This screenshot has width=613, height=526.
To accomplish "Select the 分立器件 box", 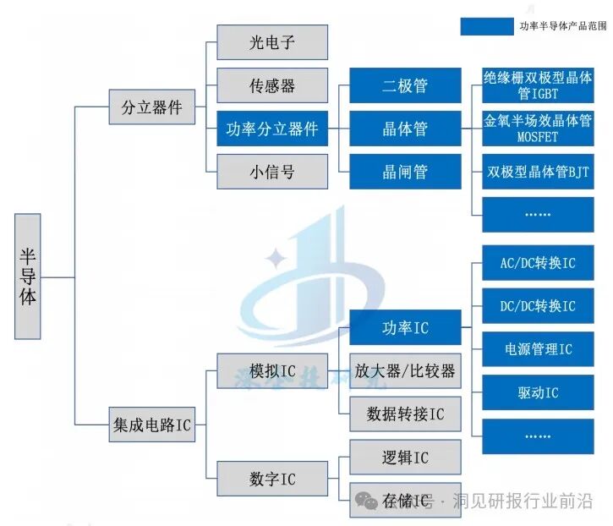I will coord(152,108).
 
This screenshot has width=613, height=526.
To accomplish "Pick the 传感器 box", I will coord(272,85).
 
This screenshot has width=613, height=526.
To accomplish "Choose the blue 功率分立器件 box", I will coord(272,129).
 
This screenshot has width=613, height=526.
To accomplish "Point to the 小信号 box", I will coord(272,173).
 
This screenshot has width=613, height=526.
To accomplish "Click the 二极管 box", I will coord(405,85).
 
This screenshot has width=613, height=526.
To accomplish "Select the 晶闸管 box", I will coord(405,173).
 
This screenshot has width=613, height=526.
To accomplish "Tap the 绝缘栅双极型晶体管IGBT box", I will coord(538,85).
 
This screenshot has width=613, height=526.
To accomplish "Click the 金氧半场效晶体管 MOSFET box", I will coord(538,129).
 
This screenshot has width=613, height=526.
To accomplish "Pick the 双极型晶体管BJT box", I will coord(538,173).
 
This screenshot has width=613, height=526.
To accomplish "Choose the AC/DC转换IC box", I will coord(538,263).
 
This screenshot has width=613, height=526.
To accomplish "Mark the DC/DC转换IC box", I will coord(538,306).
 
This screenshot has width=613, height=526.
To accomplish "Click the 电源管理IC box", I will coord(538,349).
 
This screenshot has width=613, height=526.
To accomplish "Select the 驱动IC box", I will coord(538,393).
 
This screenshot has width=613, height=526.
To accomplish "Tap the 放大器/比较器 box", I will coord(405,370).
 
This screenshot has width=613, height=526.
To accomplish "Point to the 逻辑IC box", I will coord(405,458).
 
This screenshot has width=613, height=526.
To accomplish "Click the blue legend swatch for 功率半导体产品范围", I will coord(485,26).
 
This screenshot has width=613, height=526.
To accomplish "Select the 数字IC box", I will coord(272,479).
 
